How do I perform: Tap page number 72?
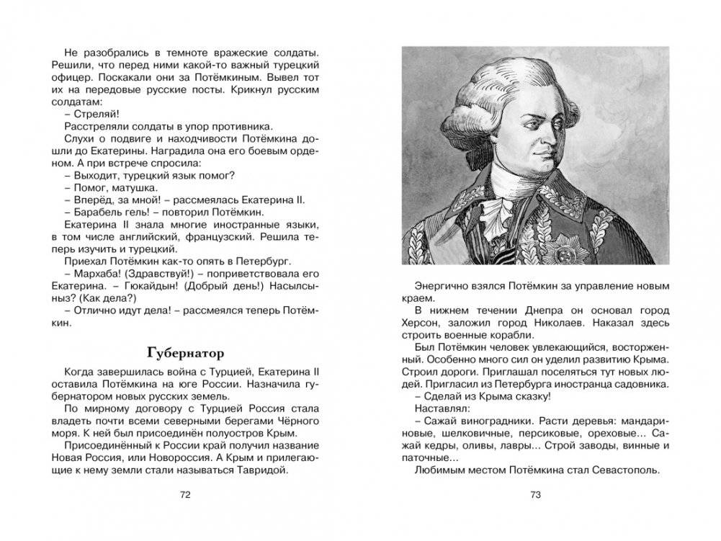click(x=185, y=495)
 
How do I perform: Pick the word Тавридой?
click(x=262, y=471)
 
